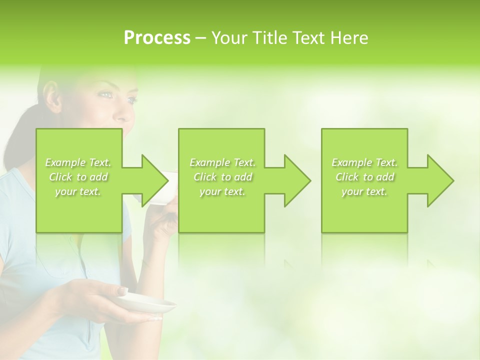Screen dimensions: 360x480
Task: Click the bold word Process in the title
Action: coord(157,38)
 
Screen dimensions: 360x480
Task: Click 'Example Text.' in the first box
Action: coord(78,162)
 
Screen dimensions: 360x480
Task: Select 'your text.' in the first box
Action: coord(78,191)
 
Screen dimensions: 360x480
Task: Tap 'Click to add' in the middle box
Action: coord(222,177)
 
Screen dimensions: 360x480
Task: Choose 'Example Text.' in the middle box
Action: coord(222,162)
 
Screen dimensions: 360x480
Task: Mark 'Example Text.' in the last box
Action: coord(364,162)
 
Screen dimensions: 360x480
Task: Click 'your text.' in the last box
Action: coord(364,191)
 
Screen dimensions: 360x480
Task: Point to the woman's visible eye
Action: coord(106,93)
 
